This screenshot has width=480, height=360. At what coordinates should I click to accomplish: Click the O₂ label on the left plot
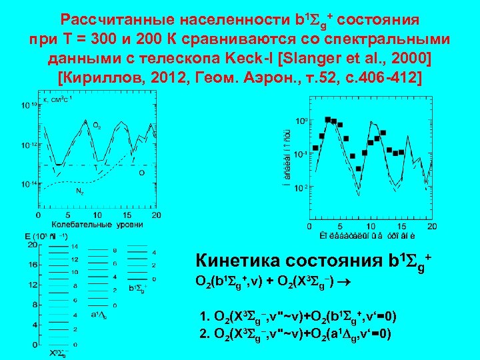tap(97, 126)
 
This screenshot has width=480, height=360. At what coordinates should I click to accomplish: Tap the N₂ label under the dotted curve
tap(79, 191)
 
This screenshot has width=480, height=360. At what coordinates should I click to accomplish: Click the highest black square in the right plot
tap(328, 120)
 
